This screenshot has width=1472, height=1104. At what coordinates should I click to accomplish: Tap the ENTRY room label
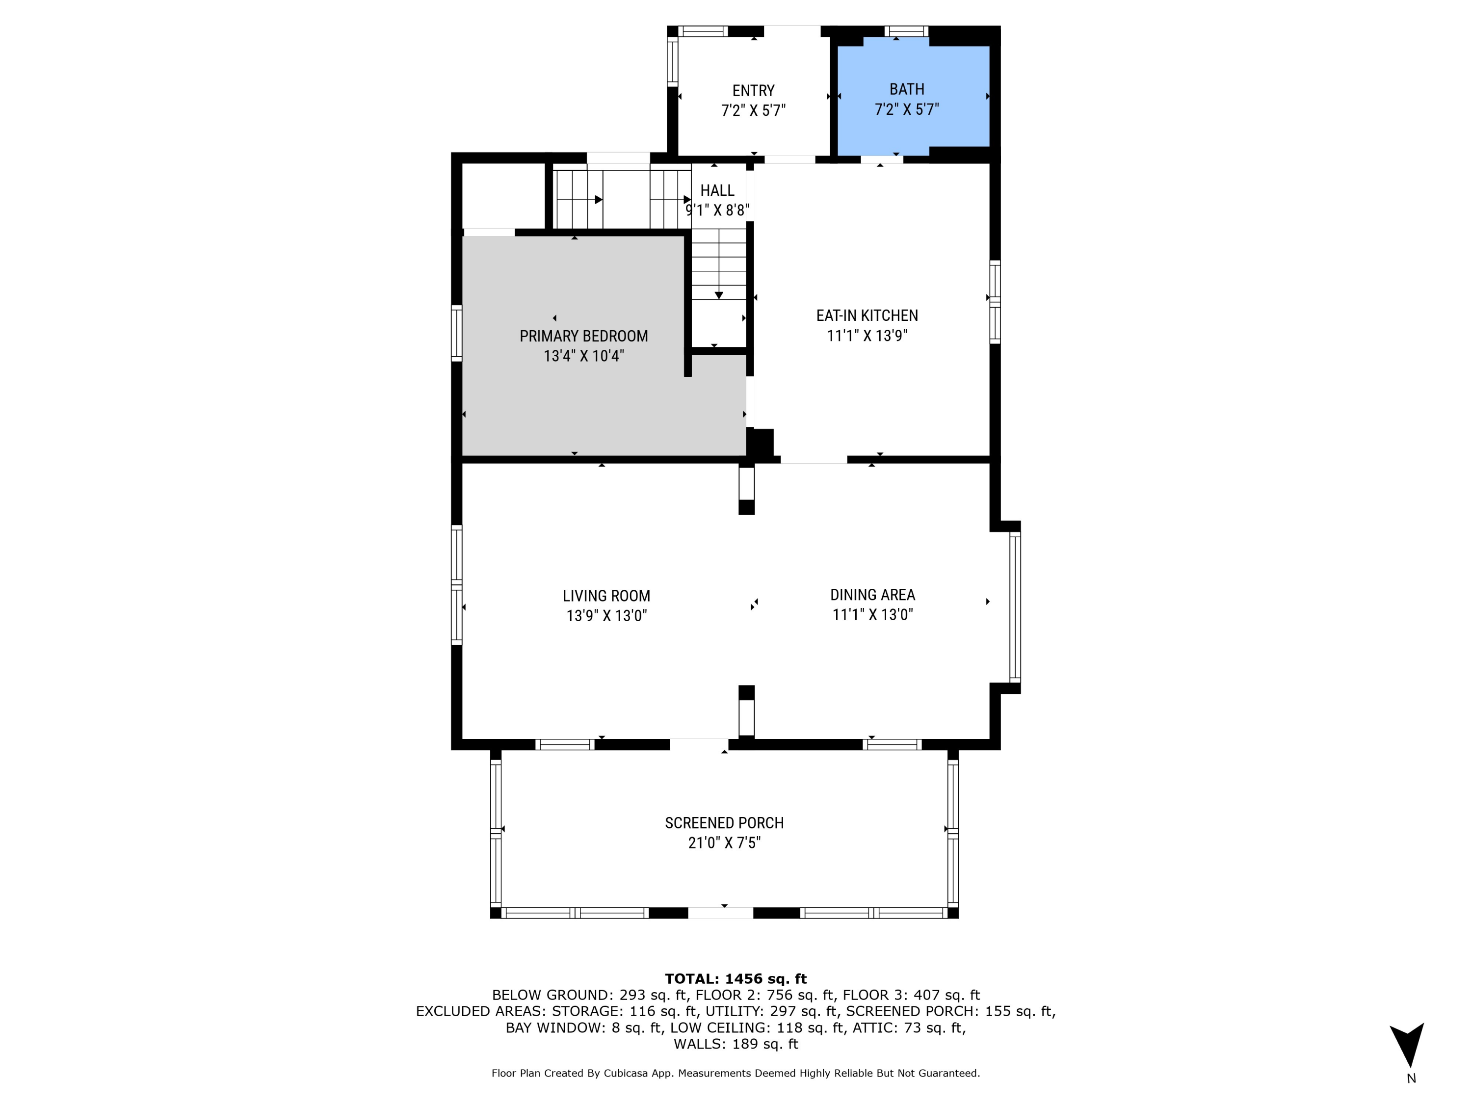click(753, 90)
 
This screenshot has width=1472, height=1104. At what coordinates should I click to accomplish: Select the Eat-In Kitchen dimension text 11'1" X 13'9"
click(867, 336)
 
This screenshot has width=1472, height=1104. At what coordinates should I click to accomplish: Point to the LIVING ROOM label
click(606, 596)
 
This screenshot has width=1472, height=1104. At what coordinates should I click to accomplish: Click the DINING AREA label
click(872, 595)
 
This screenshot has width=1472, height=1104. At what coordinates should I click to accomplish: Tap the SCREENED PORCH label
click(724, 823)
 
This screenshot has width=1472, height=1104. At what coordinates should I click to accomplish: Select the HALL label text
click(717, 191)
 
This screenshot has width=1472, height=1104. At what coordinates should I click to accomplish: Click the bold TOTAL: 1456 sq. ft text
click(736, 979)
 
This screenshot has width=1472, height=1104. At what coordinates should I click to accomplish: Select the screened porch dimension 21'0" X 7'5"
click(724, 843)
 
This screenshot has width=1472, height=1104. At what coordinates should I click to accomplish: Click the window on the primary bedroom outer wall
click(456, 333)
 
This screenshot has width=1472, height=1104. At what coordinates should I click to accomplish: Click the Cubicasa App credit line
click(736, 1074)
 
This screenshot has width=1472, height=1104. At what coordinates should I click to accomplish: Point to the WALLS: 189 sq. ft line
click(736, 1044)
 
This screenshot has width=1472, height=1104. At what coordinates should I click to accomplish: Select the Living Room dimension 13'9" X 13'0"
click(606, 616)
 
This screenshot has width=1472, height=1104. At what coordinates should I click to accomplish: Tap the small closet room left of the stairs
click(503, 195)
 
